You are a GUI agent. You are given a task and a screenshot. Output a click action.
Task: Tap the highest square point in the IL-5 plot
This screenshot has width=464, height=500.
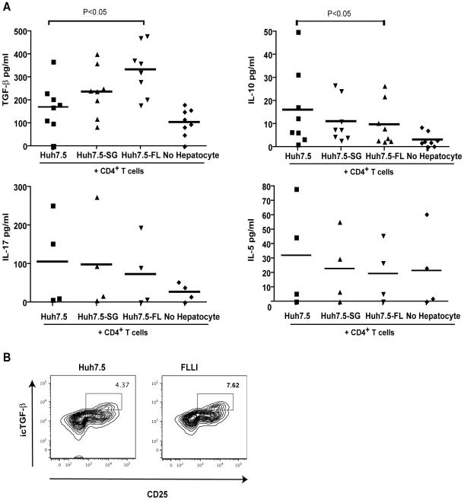(296, 189)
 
